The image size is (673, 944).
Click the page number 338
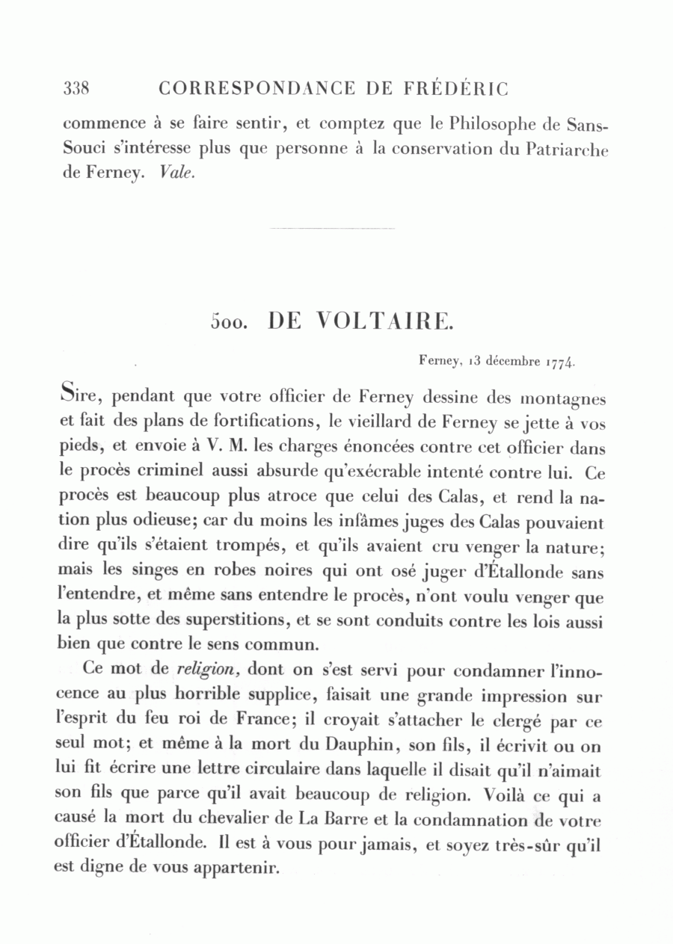(76, 89)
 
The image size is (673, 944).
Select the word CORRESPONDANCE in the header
(257, 89)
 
